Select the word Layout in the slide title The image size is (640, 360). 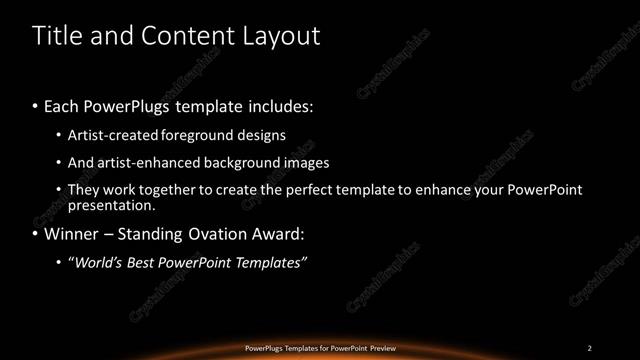pyautogui.click(x=276, y=36)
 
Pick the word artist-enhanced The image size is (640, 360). pyautogui.click(x=140, y=162)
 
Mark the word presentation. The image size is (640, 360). pyautogui.click(x=112, y=206)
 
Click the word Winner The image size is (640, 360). pyautogui.click(x=71, y=235)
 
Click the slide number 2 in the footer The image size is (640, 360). pyautogui.click(x=590, y=348)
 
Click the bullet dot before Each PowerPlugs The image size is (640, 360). pyautogui.click(x=36, y=105)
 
